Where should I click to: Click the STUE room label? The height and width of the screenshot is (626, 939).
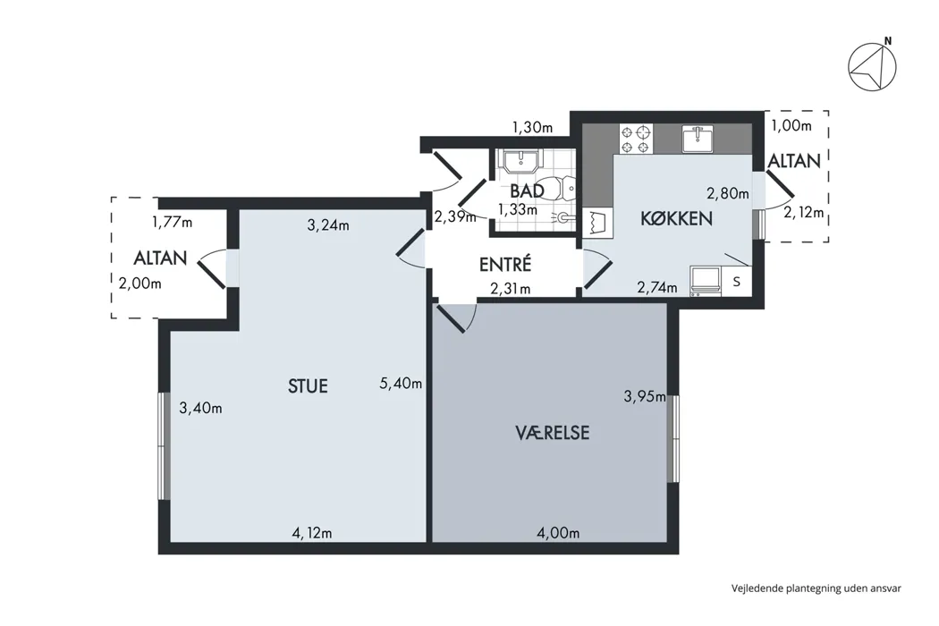point(308,385)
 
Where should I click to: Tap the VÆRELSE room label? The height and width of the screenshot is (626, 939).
point(552,433)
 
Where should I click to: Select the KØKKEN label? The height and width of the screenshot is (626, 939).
point(677,218)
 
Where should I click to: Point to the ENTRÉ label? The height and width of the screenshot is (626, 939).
point(505,264)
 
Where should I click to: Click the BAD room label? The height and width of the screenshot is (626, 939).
point(527,191)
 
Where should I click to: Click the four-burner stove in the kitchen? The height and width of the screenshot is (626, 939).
point(635,139)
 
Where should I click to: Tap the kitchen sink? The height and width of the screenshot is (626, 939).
point(698,139)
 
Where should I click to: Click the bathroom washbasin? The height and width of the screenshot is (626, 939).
point(521,161)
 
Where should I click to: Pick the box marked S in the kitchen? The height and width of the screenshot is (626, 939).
point(737,281)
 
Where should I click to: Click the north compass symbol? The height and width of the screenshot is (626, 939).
point(873,65)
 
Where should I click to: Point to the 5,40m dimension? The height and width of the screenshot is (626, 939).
point(401,383)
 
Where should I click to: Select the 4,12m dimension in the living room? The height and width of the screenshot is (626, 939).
point(311,533)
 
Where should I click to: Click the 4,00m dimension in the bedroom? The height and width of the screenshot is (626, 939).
point(558,533)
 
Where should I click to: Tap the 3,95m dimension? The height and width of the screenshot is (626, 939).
point(645,396)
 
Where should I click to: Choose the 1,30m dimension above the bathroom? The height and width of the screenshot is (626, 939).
point(532,127)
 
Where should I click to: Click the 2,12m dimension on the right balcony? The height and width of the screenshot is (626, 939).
point(804,212)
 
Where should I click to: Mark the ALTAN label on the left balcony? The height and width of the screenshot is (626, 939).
point(160,258)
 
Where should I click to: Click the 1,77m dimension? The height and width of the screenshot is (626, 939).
point(172,223)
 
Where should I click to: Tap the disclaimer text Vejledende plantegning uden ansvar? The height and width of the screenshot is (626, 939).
point(816,588)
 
